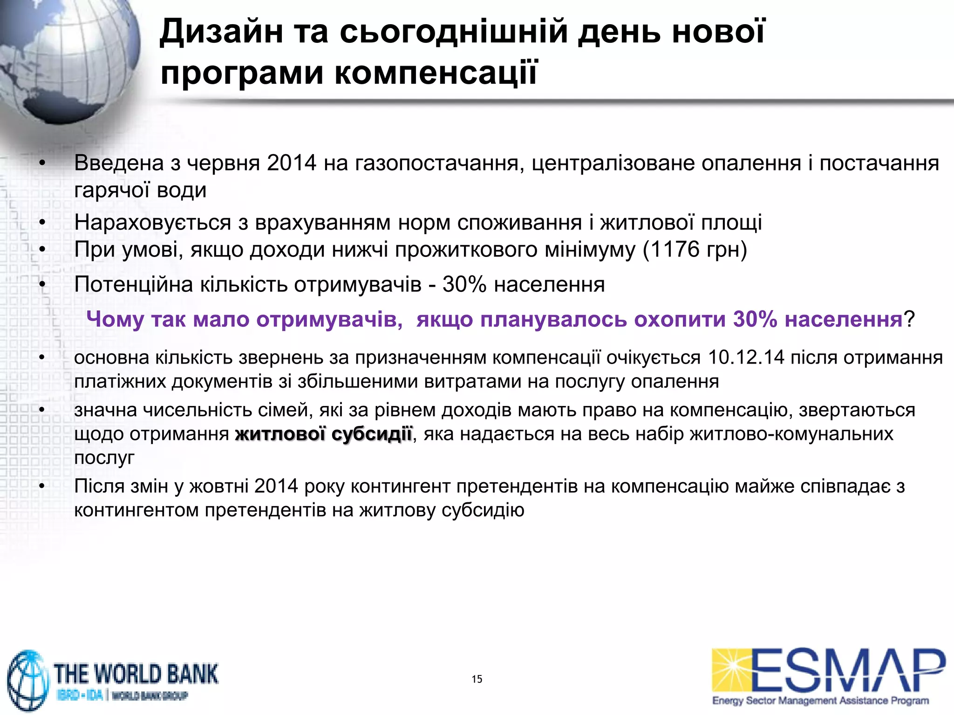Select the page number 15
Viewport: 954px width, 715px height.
(x=477, y=679)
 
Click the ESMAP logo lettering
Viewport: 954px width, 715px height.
(x=848, y=670)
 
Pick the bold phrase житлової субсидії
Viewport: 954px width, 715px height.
(x=324, y=434)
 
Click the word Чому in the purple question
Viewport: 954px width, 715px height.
(x=115, y=319)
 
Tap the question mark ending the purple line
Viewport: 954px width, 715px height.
(x=909, y=319)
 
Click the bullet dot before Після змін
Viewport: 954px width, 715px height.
(x=42, y=486)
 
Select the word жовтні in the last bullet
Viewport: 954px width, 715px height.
(x=219, y=486)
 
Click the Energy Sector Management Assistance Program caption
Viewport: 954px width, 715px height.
(x=820, y=701)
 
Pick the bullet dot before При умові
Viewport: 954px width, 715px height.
(x=42, y=250)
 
